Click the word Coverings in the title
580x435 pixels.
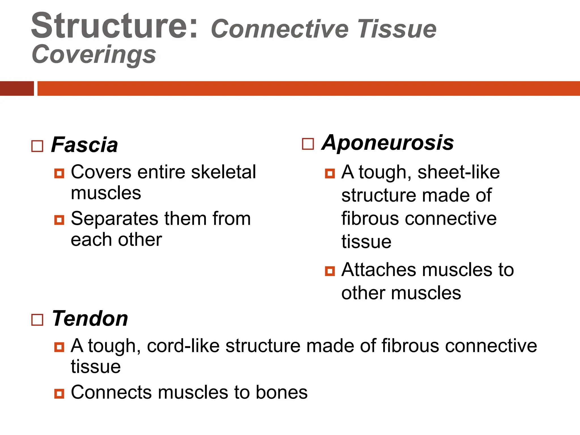94,54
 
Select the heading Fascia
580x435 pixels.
84,145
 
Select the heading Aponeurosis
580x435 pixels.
387,142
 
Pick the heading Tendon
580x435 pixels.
90,319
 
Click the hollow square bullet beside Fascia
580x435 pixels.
37,146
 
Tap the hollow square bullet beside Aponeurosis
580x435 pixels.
308,144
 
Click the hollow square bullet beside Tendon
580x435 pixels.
37,320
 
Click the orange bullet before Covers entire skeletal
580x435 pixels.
59,173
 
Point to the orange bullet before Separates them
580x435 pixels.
59,220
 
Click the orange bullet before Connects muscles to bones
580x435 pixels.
59,393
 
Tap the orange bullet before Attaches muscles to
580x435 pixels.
330,271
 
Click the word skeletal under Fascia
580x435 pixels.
223,172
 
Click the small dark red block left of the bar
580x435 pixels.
17,88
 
